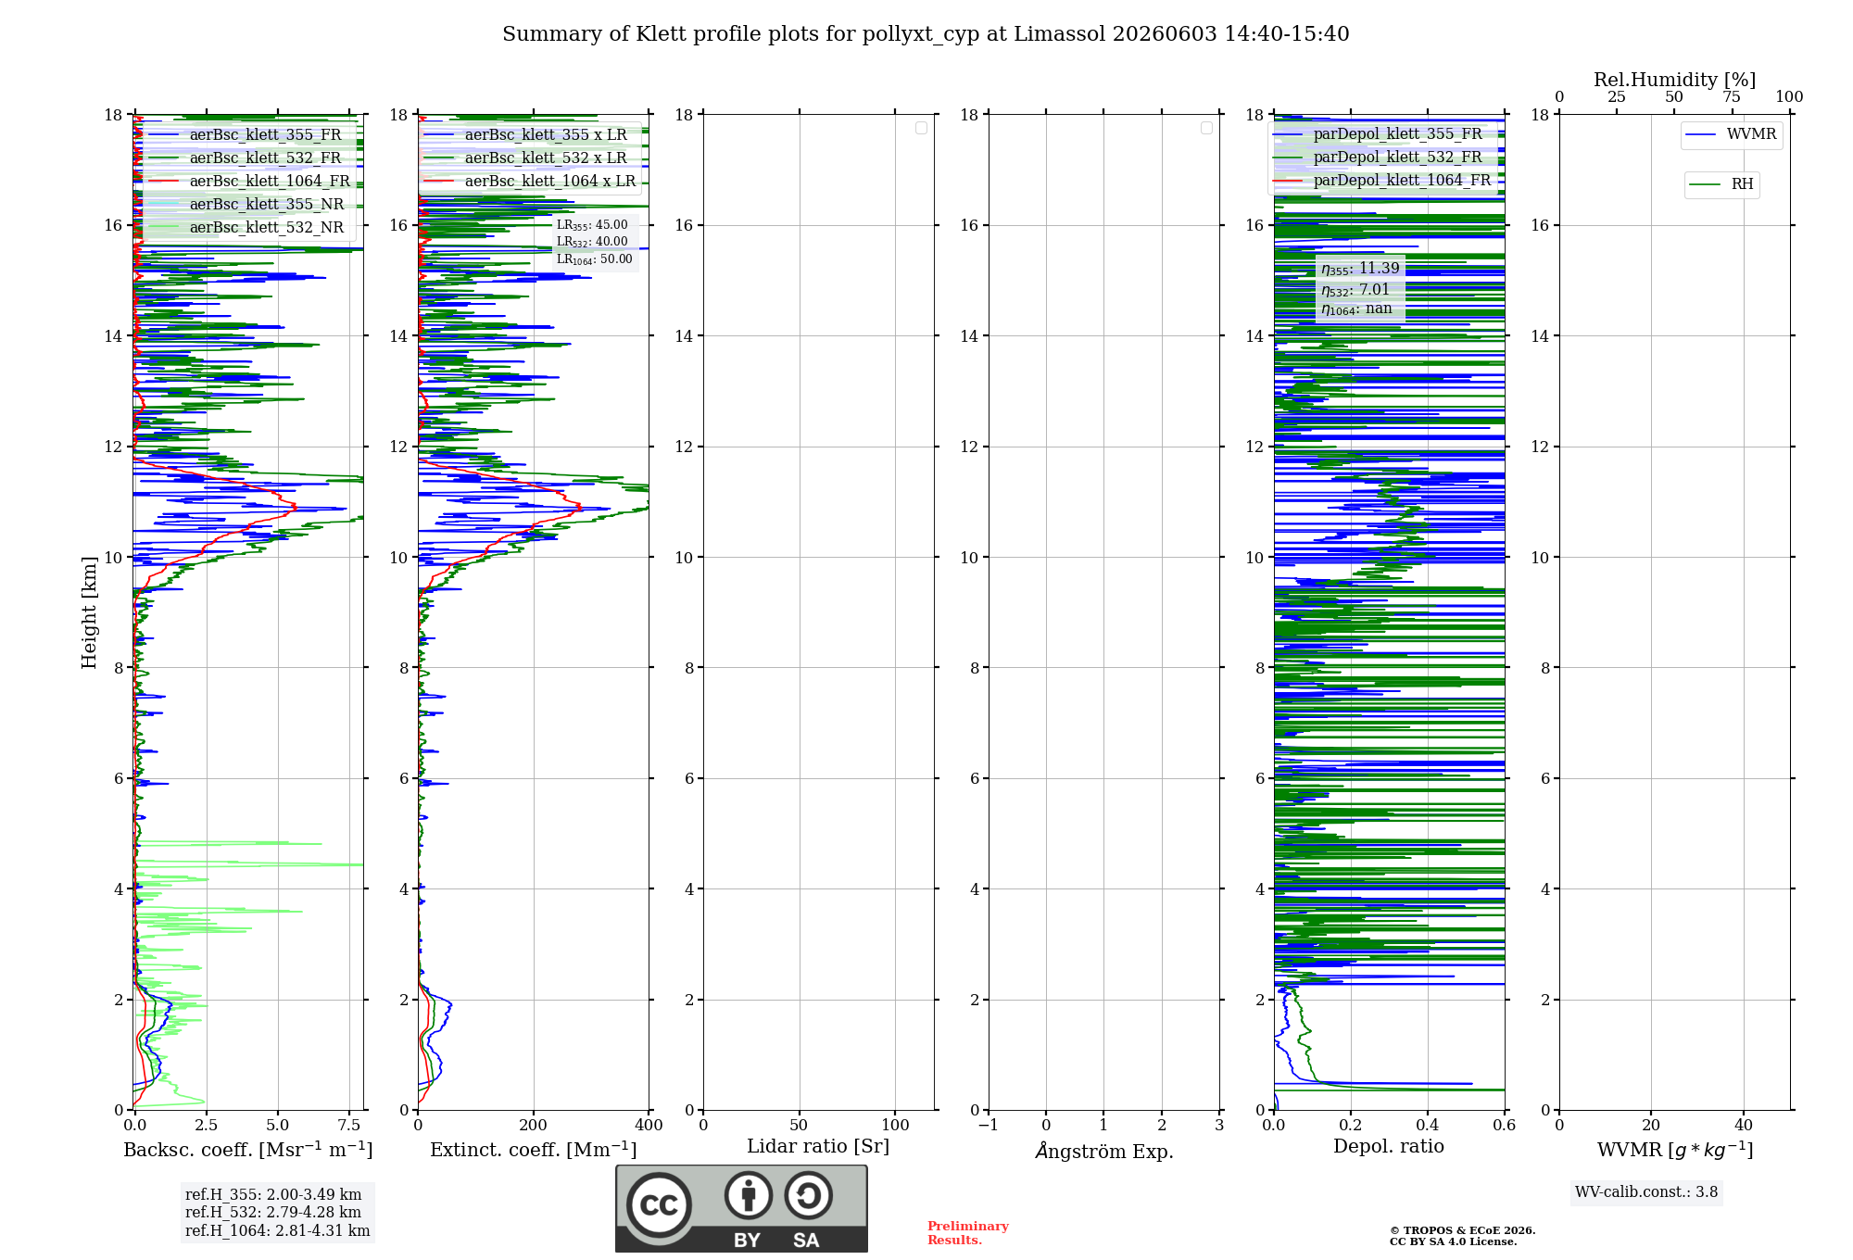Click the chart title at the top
926,34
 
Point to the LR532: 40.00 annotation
592,242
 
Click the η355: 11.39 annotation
1360,269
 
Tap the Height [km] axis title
89,612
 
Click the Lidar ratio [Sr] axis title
818,1147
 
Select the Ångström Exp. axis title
1104,1151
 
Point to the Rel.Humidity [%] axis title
1674,80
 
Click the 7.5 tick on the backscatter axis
349,1126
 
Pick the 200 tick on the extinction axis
534,1126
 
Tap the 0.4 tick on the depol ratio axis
1428,1126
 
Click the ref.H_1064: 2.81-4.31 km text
277,1231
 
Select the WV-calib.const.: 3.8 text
1646,1192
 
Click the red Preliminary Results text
968,1233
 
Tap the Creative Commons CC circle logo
659,1205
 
